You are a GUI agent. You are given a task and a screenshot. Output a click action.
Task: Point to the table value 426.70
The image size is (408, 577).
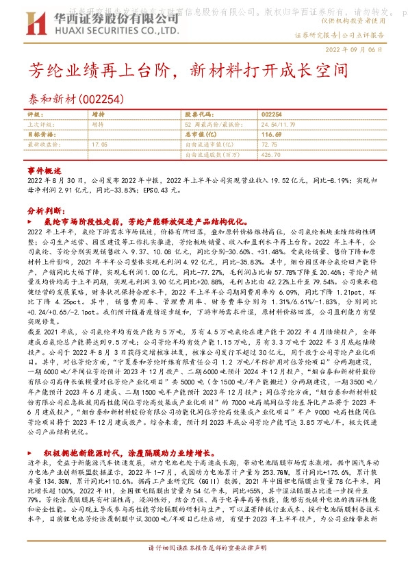click(x=271, y=155)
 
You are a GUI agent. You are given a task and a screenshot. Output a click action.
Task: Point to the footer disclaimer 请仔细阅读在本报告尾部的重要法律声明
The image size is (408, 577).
click(x=203, y=568)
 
